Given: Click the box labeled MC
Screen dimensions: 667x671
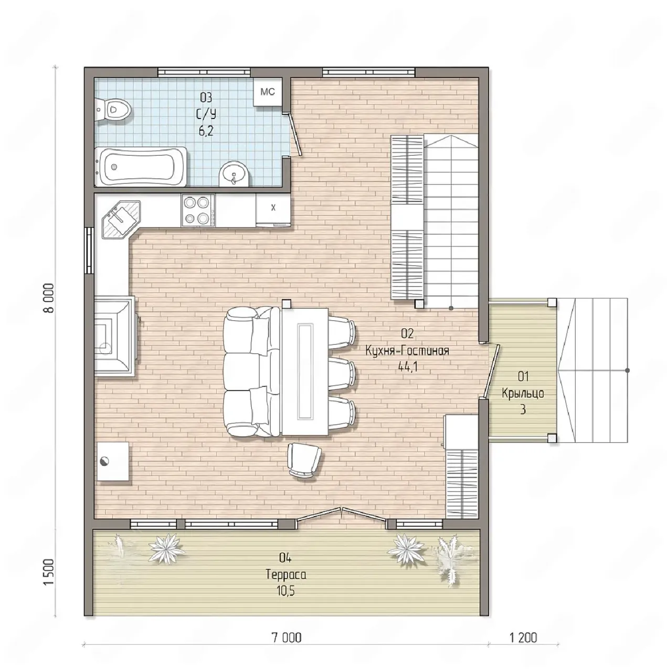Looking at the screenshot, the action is pos(268,92).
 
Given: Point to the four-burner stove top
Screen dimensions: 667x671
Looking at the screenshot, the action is pos(198,210).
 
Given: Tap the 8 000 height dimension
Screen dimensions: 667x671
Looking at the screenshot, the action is pos(49,298).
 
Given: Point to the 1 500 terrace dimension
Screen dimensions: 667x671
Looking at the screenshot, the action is pos(49,572).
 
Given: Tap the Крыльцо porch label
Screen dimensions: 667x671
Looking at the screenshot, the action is pos(523,393).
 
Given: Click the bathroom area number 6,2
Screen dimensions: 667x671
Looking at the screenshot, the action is pos(206,131).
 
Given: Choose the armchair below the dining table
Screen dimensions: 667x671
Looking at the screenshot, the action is pos(304,461).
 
